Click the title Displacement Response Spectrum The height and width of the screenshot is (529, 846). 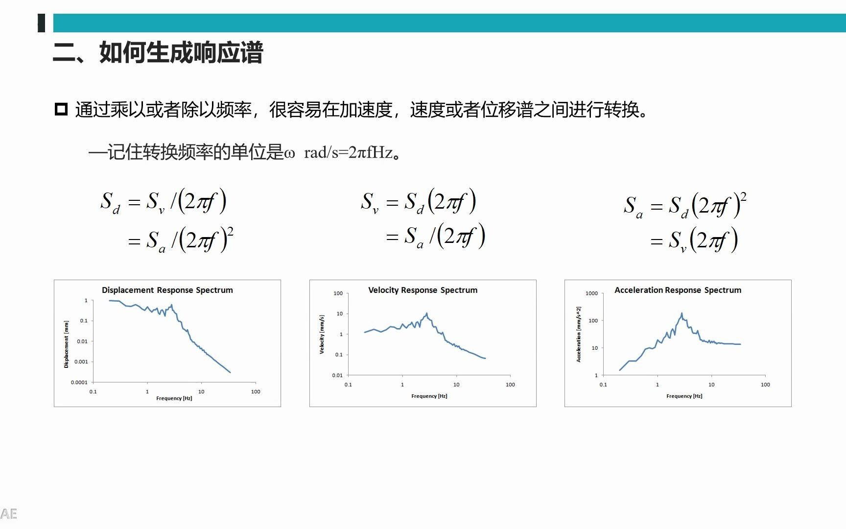point(167,290)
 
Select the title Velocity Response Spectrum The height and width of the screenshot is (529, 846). point(423,290)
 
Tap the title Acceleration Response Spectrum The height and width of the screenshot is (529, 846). point(678,290)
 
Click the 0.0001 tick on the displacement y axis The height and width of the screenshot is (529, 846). point(79,383)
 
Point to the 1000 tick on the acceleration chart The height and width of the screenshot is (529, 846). point(591,293)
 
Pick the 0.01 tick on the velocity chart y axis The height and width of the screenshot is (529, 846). point(337,376)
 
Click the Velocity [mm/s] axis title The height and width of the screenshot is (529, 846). point(322,335)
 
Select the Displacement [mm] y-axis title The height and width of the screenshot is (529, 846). point(66,344)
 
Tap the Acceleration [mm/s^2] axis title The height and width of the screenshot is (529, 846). point(578,335)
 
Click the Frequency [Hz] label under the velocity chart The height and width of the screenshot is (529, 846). point(429,396)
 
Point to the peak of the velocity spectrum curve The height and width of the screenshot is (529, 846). point(426,313)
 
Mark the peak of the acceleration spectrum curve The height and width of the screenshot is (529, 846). point(681,313)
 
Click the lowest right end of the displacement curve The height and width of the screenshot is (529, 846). point(230,372)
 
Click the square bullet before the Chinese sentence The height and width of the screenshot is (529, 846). point(61,109)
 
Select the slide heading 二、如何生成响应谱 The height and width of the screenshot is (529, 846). point(158,53)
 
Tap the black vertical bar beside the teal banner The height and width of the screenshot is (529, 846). point(42,23)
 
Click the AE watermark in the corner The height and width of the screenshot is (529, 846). point(9,514)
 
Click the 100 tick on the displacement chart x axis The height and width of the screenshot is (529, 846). point(256,392)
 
